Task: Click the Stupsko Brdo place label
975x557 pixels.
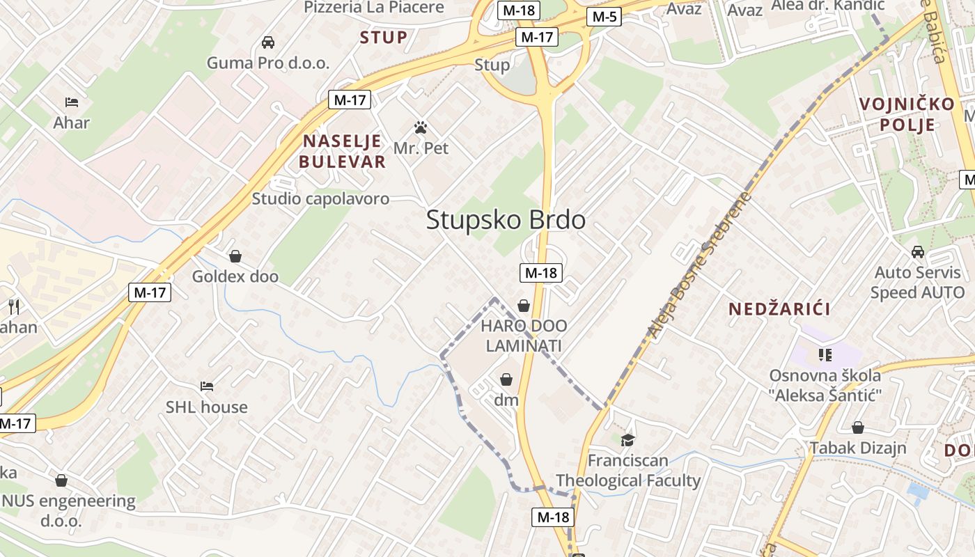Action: click(x=506, y=220)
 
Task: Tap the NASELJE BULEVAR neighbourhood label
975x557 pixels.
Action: click(x=342, y=152)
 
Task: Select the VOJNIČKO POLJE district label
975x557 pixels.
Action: click(x=907, y=114)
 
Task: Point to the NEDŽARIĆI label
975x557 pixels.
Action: click(x=779, y=309)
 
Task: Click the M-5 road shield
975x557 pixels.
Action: click(x=603, y=17)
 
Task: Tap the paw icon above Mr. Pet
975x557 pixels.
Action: click(x=421, y=127)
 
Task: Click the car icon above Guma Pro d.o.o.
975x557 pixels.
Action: click(x=268, y=42)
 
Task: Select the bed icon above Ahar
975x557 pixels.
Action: click(x=72, y=102)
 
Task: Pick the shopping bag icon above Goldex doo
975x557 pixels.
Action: click(x=235, y=256)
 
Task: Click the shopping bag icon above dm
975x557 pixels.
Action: click(x=506, y=379)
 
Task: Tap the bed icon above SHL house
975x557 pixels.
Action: click(x=206, y=386)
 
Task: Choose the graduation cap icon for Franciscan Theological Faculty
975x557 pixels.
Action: click(x=628, y=440)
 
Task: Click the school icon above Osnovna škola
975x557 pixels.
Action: click(x=825, y=355)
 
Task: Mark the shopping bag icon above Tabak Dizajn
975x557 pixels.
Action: click(x=858, y=427)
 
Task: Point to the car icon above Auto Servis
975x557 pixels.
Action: click(x=918, y=252)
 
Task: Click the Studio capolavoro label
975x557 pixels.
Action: click(x=320, y=199)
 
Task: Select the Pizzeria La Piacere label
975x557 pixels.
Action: click(x=374, y=8)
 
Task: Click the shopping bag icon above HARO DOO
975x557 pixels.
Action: click(x=524, y=306)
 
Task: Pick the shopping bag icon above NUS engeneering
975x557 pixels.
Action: click(x=61, y=480)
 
